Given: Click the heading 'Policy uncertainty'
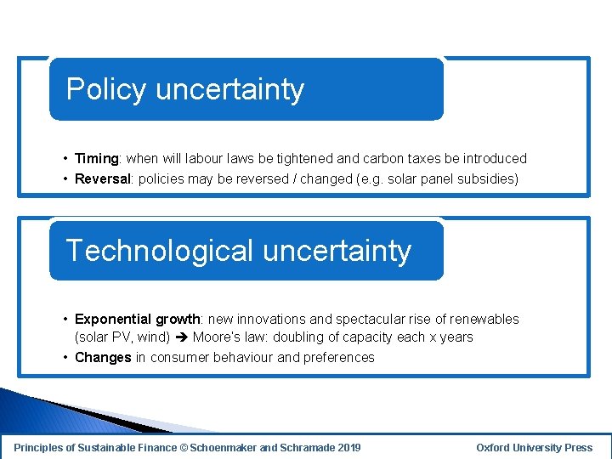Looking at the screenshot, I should pos(184,89).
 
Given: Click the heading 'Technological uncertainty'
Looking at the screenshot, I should pos(238,251).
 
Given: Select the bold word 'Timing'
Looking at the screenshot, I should pos(97,159).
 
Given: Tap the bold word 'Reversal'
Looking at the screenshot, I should pos(103,179).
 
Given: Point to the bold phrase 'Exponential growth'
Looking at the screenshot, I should pos(137,320).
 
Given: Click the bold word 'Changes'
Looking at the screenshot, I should pos(103,358).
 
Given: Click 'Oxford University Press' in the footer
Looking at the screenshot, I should pos(534,448).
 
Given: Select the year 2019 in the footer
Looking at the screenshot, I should pos(348,448).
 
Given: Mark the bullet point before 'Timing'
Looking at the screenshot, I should pos(65,159).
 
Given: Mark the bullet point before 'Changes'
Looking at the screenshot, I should pos(65,358).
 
